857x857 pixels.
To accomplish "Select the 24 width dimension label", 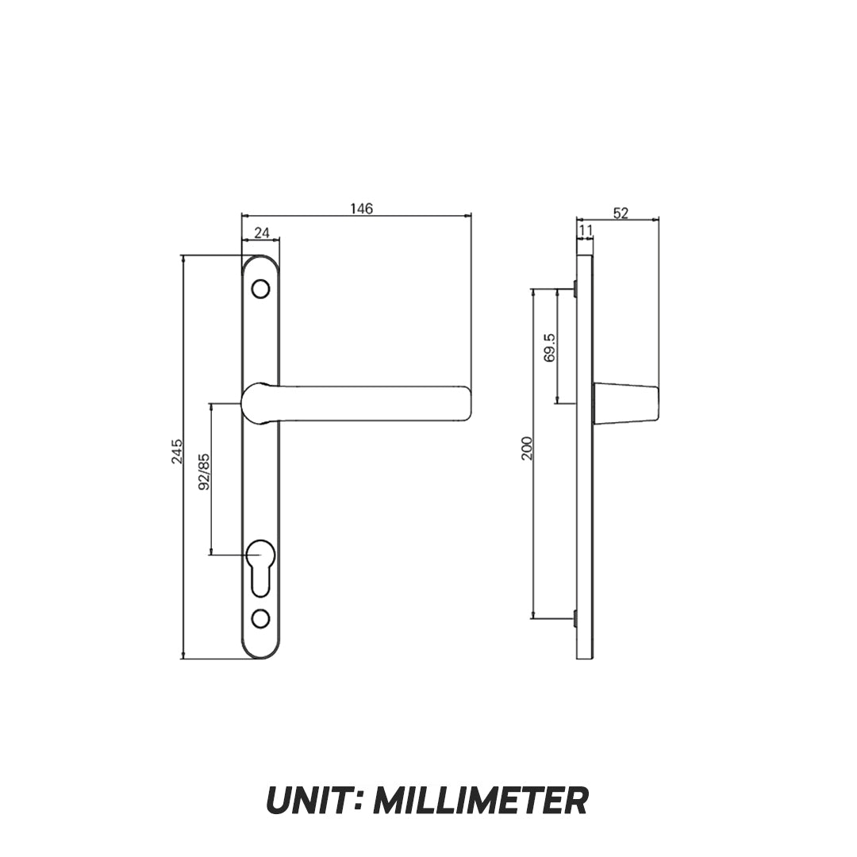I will tap(262, 233).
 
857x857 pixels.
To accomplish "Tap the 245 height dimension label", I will tap(178, 451).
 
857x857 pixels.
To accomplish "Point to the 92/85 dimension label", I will tap(204, 472).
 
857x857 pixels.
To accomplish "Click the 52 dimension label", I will tap(621, 213).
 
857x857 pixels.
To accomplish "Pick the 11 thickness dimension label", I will tap(586, 230).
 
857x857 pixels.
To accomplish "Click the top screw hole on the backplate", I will tap(259, 290).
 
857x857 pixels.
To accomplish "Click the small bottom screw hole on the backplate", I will tap(259, 617).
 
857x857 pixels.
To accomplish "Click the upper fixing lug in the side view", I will tap(575, 290).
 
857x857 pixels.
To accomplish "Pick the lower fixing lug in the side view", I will tap(575, 617).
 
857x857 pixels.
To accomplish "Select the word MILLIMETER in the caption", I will tap(480, 801).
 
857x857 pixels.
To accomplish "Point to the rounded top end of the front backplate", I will tap(260, 262).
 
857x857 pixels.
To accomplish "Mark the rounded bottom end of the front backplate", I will tap(260, 652).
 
